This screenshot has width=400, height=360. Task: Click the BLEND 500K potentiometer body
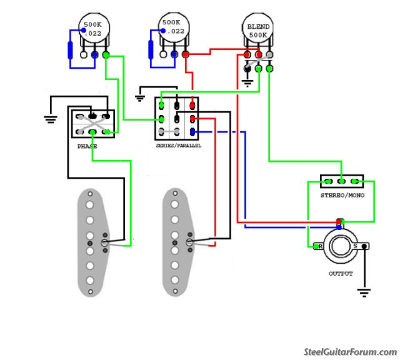(x=258, y=31)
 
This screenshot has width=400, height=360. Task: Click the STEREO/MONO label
(x=342, y=196)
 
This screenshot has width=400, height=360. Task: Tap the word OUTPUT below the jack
(x=341, y=274)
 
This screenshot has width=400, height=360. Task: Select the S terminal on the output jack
(x=357, y=246)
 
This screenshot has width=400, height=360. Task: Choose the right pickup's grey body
(x=177, y=244)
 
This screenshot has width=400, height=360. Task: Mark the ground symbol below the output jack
(x=363, y=291)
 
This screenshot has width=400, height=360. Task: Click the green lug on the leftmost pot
(x=107, y=55)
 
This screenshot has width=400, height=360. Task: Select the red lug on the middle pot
(x=186, y=55)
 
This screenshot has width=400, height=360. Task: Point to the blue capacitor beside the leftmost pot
(x=71, y=51)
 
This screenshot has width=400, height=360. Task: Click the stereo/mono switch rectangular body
(x=342, y=182)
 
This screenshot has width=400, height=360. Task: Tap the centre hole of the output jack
(x=341, y=246)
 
